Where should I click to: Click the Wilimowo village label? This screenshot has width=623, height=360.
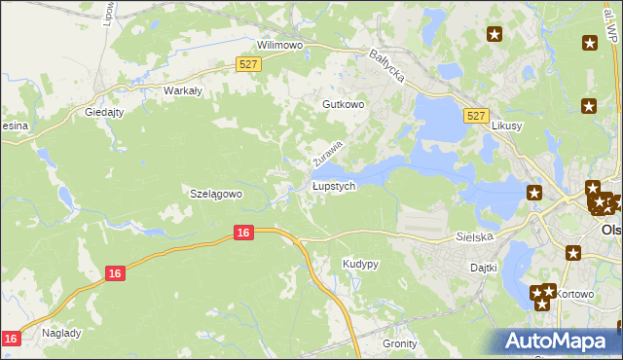[x=280, y=45]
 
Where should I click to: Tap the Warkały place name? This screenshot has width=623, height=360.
[x=182, y=90]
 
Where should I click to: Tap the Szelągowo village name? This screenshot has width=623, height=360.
[x=214, y=194]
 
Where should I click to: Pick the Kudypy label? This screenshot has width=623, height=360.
[x=360, y=264]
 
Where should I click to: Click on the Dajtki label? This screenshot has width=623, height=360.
[x=484, y=267]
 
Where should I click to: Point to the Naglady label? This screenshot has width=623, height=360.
[x=61, y=332]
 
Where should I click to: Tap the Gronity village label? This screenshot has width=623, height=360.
[x=399, y=343]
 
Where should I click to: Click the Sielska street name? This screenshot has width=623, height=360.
[x=475, y=236]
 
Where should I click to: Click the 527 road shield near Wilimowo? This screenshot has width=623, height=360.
[x=247, y=63]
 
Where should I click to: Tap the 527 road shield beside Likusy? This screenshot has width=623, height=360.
[x=476, y=116]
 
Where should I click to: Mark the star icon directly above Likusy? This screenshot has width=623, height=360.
[x=589, y=105]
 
